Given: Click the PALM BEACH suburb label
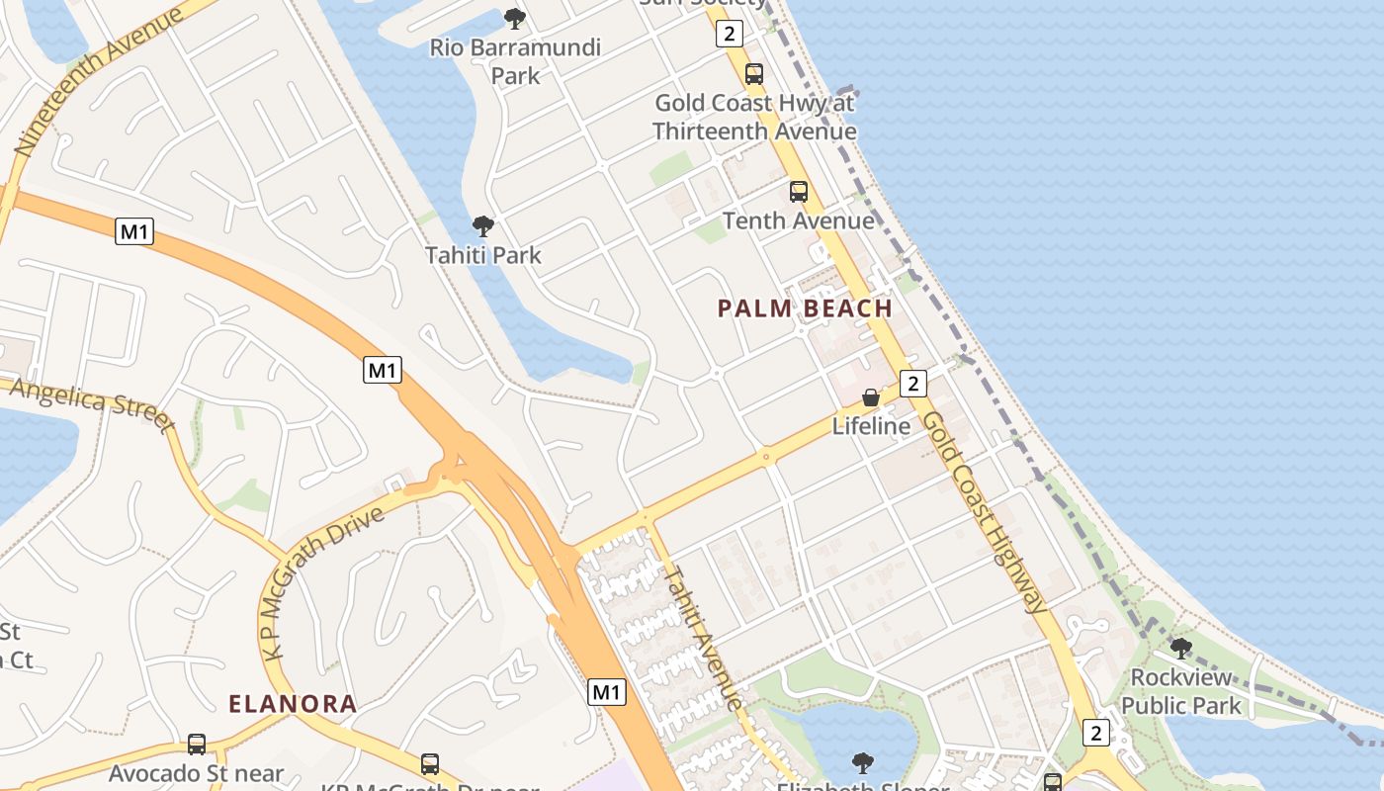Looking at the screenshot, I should point(805,308).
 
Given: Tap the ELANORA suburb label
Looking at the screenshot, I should point(293,704).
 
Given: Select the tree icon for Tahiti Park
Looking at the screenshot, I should point(482,226).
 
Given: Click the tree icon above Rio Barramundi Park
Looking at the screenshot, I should point(514,18).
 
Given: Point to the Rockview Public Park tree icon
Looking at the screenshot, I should point(1180,649).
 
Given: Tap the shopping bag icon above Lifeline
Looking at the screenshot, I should point(870,397).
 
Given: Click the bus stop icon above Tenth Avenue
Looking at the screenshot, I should point(798,192).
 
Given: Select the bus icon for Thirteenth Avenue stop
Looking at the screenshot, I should point(753,73).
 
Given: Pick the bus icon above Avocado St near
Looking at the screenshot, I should point(197,745).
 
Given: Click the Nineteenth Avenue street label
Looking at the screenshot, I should point(99,81).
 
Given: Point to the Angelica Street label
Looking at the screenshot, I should point(91,403).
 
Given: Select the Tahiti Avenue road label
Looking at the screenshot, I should point(702,637).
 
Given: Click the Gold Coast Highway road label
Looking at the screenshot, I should point(983,511).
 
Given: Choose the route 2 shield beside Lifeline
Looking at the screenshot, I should point(912,383).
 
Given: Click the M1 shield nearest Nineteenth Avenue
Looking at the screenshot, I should point(134,232).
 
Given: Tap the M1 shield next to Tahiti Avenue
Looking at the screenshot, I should point(607,692).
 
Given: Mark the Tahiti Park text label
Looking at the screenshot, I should point(483,255).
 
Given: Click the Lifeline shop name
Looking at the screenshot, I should point(871,426).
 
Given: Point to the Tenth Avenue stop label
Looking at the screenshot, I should point(799,220).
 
